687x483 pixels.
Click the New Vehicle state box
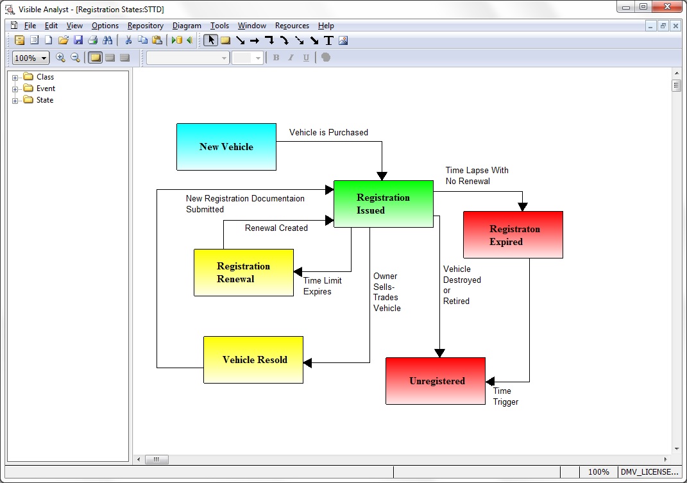tap(226, 147)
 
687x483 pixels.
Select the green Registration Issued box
tap(384, 204)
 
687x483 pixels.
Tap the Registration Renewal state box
tap(244, 273)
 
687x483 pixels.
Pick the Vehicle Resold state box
tap(253, 360)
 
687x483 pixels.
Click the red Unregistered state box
tap(436, 381)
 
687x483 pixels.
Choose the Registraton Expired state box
tap(513, 235)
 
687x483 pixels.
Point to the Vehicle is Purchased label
tap(328, 132)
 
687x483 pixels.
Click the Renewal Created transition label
tap(276, 228)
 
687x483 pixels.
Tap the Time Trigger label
tap(505, 396)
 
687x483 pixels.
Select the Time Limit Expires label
tap(323, 286)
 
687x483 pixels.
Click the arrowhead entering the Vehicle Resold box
tap(307, 363)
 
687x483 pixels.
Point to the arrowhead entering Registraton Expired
tap(522, 207)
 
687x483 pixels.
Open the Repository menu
tap(146, 26)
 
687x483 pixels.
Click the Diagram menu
tap(187, 26)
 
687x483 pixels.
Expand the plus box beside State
tap(15, 100)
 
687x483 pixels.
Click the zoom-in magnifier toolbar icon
tap(60, 58)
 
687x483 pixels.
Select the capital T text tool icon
tap(328, 41)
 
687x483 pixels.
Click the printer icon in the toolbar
tap(92, 40)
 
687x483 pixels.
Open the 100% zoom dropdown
tap(31, 58)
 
